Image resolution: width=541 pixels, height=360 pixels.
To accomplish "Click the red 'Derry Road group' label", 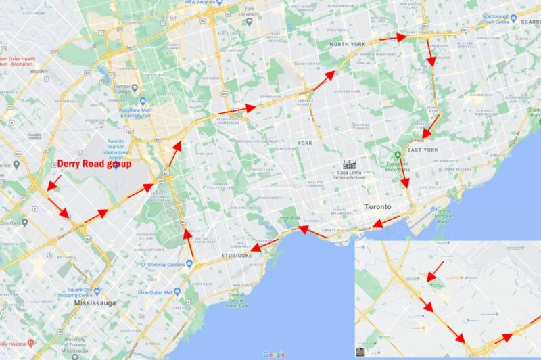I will [x=94, y=164].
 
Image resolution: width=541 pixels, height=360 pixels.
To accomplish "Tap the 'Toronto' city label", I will [x=378, y=206].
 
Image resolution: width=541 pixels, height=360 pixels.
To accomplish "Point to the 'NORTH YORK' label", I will [x=348, y=45].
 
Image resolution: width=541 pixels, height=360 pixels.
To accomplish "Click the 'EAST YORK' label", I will [x=423, y=150].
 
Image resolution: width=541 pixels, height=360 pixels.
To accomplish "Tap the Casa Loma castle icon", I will [x=350, y=164].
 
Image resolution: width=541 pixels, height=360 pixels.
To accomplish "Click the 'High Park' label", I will [x=290, y=218].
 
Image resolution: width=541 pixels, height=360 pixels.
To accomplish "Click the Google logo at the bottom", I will [x=274, y=354].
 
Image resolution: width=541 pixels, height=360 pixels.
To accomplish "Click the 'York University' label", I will [x=250, y=13].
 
